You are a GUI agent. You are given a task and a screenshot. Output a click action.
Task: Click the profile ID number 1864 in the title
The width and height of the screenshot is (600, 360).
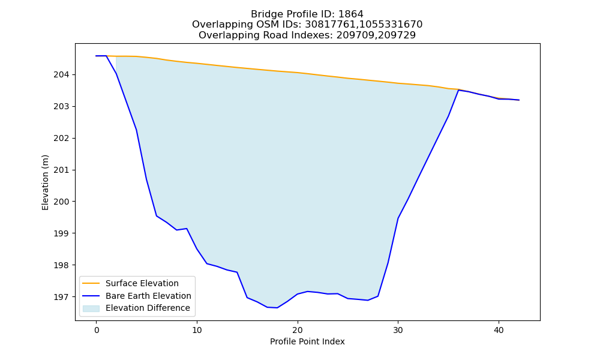(x=351, y=14)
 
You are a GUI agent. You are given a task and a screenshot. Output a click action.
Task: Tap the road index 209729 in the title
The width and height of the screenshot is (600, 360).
(x=397, y=35)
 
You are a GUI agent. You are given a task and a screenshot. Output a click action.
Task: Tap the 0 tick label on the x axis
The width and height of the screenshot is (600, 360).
(x=96, y=330)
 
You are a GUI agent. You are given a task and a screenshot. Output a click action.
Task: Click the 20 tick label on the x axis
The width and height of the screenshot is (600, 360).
(x=298, y=330)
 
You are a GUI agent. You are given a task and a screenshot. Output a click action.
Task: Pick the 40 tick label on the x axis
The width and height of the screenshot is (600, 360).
(x=499, y=330)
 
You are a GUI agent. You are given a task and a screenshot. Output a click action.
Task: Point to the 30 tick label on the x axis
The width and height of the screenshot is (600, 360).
(x=398, y=330)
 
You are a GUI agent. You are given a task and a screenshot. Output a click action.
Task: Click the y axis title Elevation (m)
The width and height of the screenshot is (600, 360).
(x=45, y=182)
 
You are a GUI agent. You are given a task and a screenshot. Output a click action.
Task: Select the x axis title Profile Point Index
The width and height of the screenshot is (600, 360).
(x=307, y=341)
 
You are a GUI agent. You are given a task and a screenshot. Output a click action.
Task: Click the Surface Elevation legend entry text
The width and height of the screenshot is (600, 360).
(x=142, y=283)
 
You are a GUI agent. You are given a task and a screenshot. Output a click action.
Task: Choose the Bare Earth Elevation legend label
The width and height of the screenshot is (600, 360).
(x=148, y=296)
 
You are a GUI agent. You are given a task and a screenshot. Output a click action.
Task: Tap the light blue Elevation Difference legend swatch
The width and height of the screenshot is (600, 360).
(x=91, y=308)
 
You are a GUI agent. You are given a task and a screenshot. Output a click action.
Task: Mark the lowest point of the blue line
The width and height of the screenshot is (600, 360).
(x=277, y=308)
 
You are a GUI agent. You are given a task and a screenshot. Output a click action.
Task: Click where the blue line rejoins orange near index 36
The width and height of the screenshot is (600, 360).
(x=458, y=90)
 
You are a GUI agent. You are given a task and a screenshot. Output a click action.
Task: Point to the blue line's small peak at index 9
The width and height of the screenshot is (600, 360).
(x=187, y=229)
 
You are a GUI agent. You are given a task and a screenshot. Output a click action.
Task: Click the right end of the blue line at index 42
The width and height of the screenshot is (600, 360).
(x=519, y=100)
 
